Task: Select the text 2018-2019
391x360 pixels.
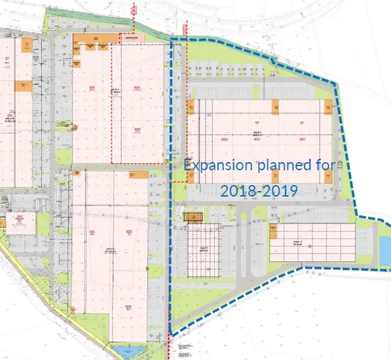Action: click(x=259, y=190)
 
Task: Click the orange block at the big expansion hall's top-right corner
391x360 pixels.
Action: click(x=328, y=107)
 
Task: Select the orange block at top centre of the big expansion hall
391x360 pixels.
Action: click(x=274, y=107)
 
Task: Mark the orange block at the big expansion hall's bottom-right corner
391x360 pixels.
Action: click(x=328, y=175)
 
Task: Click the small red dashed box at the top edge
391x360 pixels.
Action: click(x=135, y=9)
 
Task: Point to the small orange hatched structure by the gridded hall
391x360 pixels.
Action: click(x=194, y=218)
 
